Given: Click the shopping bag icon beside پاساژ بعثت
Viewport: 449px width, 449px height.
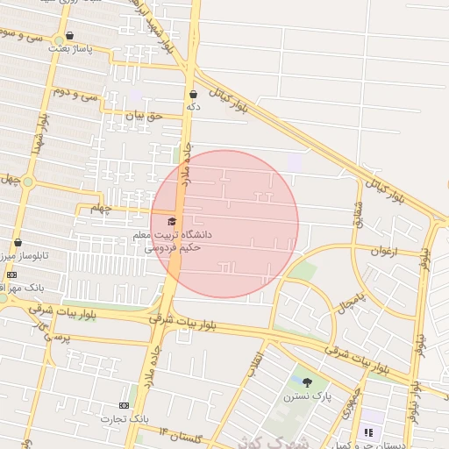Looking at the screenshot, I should (x=69, y=36).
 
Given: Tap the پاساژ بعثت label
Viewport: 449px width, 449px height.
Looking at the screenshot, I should (x=69, y=48).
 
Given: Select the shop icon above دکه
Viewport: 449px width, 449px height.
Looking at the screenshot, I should (x=193, y=94).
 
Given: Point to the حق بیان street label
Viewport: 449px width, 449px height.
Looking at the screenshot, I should (x=145, y=115).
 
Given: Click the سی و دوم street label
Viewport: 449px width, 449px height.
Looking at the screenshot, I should (x=73, y=91).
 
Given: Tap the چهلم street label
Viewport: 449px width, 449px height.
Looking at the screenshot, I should (x=102, y=209).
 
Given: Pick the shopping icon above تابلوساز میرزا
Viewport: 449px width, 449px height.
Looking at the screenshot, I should (x=18, y=243).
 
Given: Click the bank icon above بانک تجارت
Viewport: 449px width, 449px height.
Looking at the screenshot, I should (x=124, y=405).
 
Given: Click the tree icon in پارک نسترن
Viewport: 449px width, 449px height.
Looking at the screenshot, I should (x=307, y=382).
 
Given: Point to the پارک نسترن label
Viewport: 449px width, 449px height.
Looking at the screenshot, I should (x=303, y=396).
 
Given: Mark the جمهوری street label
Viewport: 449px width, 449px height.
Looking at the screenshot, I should (x=353, y=398).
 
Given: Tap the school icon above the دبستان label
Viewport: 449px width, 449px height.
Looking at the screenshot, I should (x=368, y=432).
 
